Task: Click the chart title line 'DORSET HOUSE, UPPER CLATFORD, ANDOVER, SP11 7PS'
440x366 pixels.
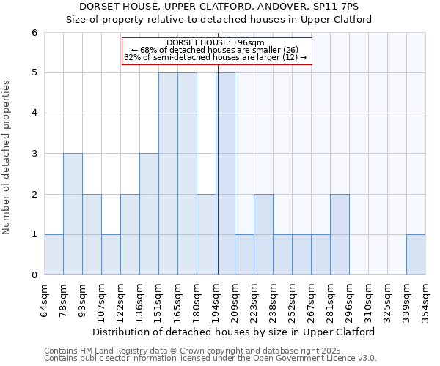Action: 219,7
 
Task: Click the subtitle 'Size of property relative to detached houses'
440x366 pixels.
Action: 219,19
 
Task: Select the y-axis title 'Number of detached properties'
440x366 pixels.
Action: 7,158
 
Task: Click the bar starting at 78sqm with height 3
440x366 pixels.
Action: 73,214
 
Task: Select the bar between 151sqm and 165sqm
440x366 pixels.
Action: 168,173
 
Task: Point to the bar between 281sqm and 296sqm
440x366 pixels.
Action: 340,234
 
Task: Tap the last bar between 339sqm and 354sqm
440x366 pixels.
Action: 416,255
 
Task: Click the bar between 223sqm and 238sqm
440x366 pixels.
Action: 263,234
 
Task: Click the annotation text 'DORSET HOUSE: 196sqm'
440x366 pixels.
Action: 216,43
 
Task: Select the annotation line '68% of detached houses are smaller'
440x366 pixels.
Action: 216,50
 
